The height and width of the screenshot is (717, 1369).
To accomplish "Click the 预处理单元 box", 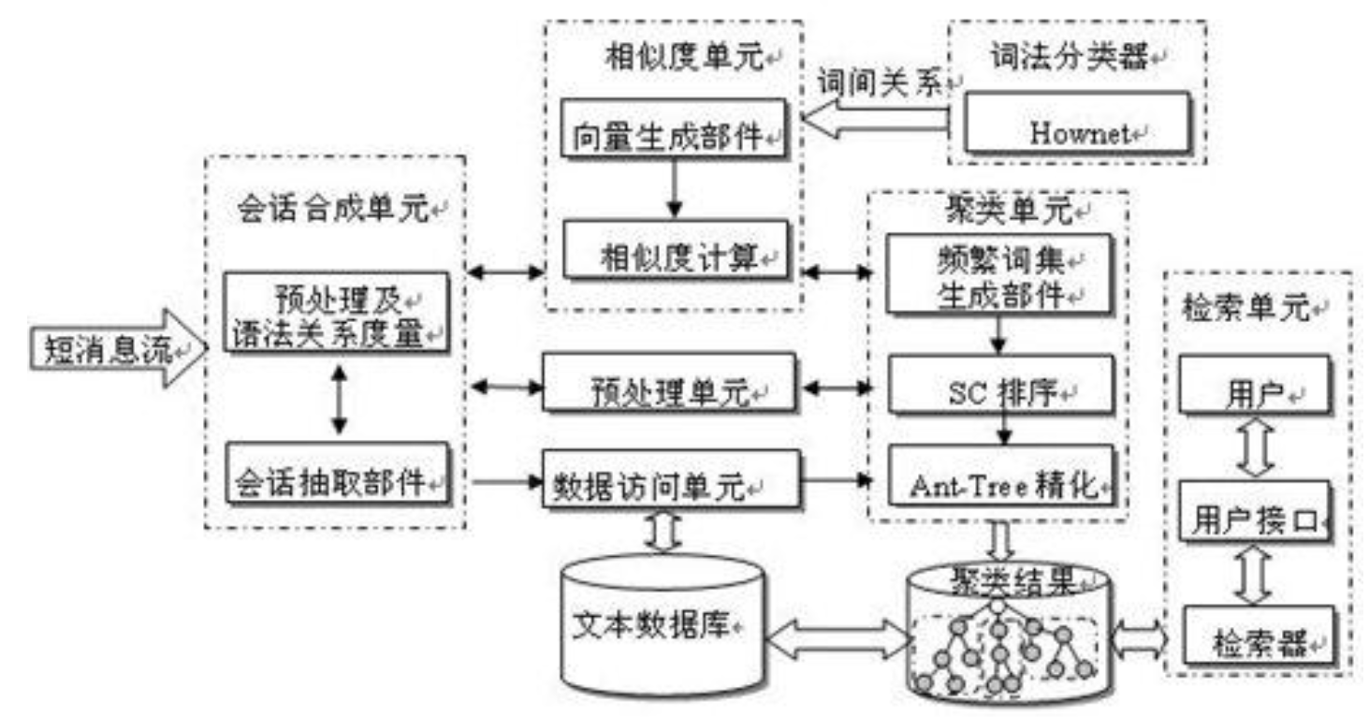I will [x=671, y=385].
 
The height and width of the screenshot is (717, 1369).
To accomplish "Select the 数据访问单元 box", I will [x=671, y=481].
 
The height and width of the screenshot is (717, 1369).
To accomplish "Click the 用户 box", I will [x=1254, y=385].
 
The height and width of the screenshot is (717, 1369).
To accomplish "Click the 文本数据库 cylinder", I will [x=661, y=622].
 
